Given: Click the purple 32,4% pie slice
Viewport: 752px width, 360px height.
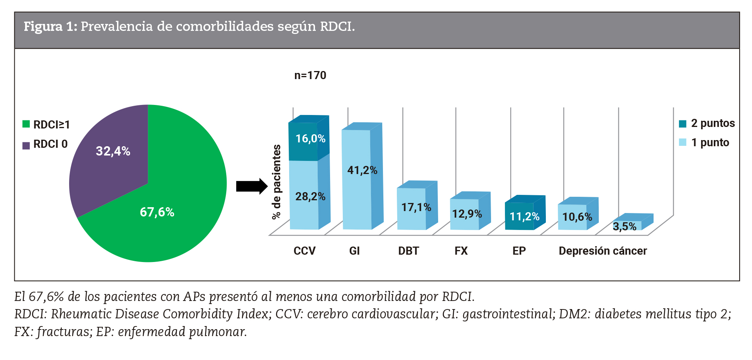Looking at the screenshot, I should (x=112, y=154).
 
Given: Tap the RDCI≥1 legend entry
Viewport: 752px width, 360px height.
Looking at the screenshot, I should (x=46, y=125).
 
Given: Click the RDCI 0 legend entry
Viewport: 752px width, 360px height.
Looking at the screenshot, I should (x=45, y=144).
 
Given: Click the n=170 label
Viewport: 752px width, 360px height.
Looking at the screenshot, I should (x=310, y=75).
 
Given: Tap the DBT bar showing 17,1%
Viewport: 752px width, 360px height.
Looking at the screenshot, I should (x=412, y=208).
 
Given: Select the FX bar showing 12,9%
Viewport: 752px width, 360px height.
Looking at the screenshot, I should (x=465, y=214).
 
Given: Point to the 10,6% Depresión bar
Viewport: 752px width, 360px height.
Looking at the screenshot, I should (x=573, y=217).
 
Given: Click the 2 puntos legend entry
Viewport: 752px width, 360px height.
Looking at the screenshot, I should (x=707, y=123).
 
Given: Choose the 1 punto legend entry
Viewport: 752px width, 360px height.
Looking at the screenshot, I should (x=704, y=143).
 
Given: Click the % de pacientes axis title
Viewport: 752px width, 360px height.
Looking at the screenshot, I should (x=276, y=182).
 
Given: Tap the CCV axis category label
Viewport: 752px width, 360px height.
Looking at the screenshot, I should (x=304, y=251).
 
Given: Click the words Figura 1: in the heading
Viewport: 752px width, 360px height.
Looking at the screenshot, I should (x=50, y=27).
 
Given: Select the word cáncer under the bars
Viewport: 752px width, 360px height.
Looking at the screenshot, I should (x=630, y=251).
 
